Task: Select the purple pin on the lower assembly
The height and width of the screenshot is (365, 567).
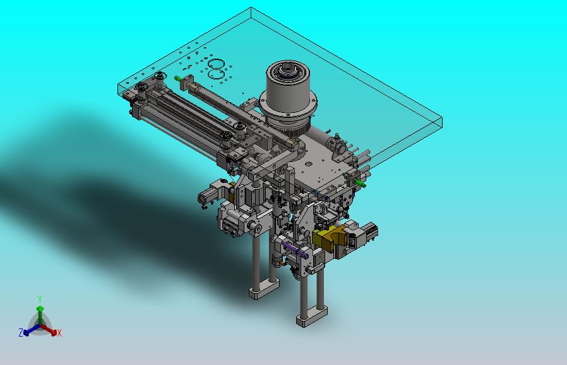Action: [x=295, y=250]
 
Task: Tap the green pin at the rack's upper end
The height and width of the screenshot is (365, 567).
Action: [x=178, y=78]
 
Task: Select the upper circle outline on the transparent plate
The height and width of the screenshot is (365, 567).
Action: [x=216, y=64]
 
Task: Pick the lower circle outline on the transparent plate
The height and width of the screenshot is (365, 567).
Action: [x=217, y=75]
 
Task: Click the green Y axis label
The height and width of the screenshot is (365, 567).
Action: [x=40, y=299]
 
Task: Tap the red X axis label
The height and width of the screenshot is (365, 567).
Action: [x=59, y=333]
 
